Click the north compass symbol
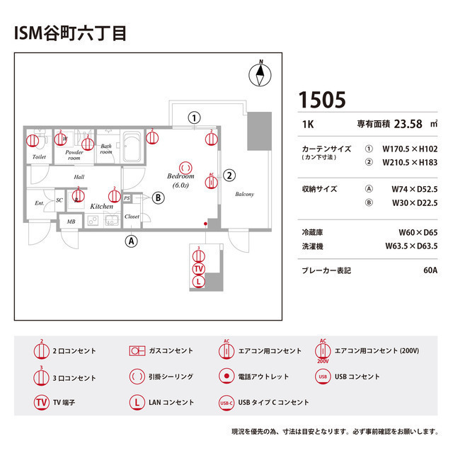(260, 74)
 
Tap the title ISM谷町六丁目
(70, 33)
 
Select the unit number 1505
(322, 100)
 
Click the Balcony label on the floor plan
(244, 195)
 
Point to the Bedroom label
(180, 176)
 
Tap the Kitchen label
(101, 206)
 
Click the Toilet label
(39, 156)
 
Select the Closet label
(132, 216)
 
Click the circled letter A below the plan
(131, 241)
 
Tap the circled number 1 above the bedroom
(194, 117)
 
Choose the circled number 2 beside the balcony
(229, 175)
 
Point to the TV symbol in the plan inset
(198, 269)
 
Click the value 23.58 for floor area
(408, 124)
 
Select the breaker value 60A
(430, 270)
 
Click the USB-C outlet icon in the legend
(226, 403)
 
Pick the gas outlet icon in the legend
(137, 350)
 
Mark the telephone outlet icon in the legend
(226, 377)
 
